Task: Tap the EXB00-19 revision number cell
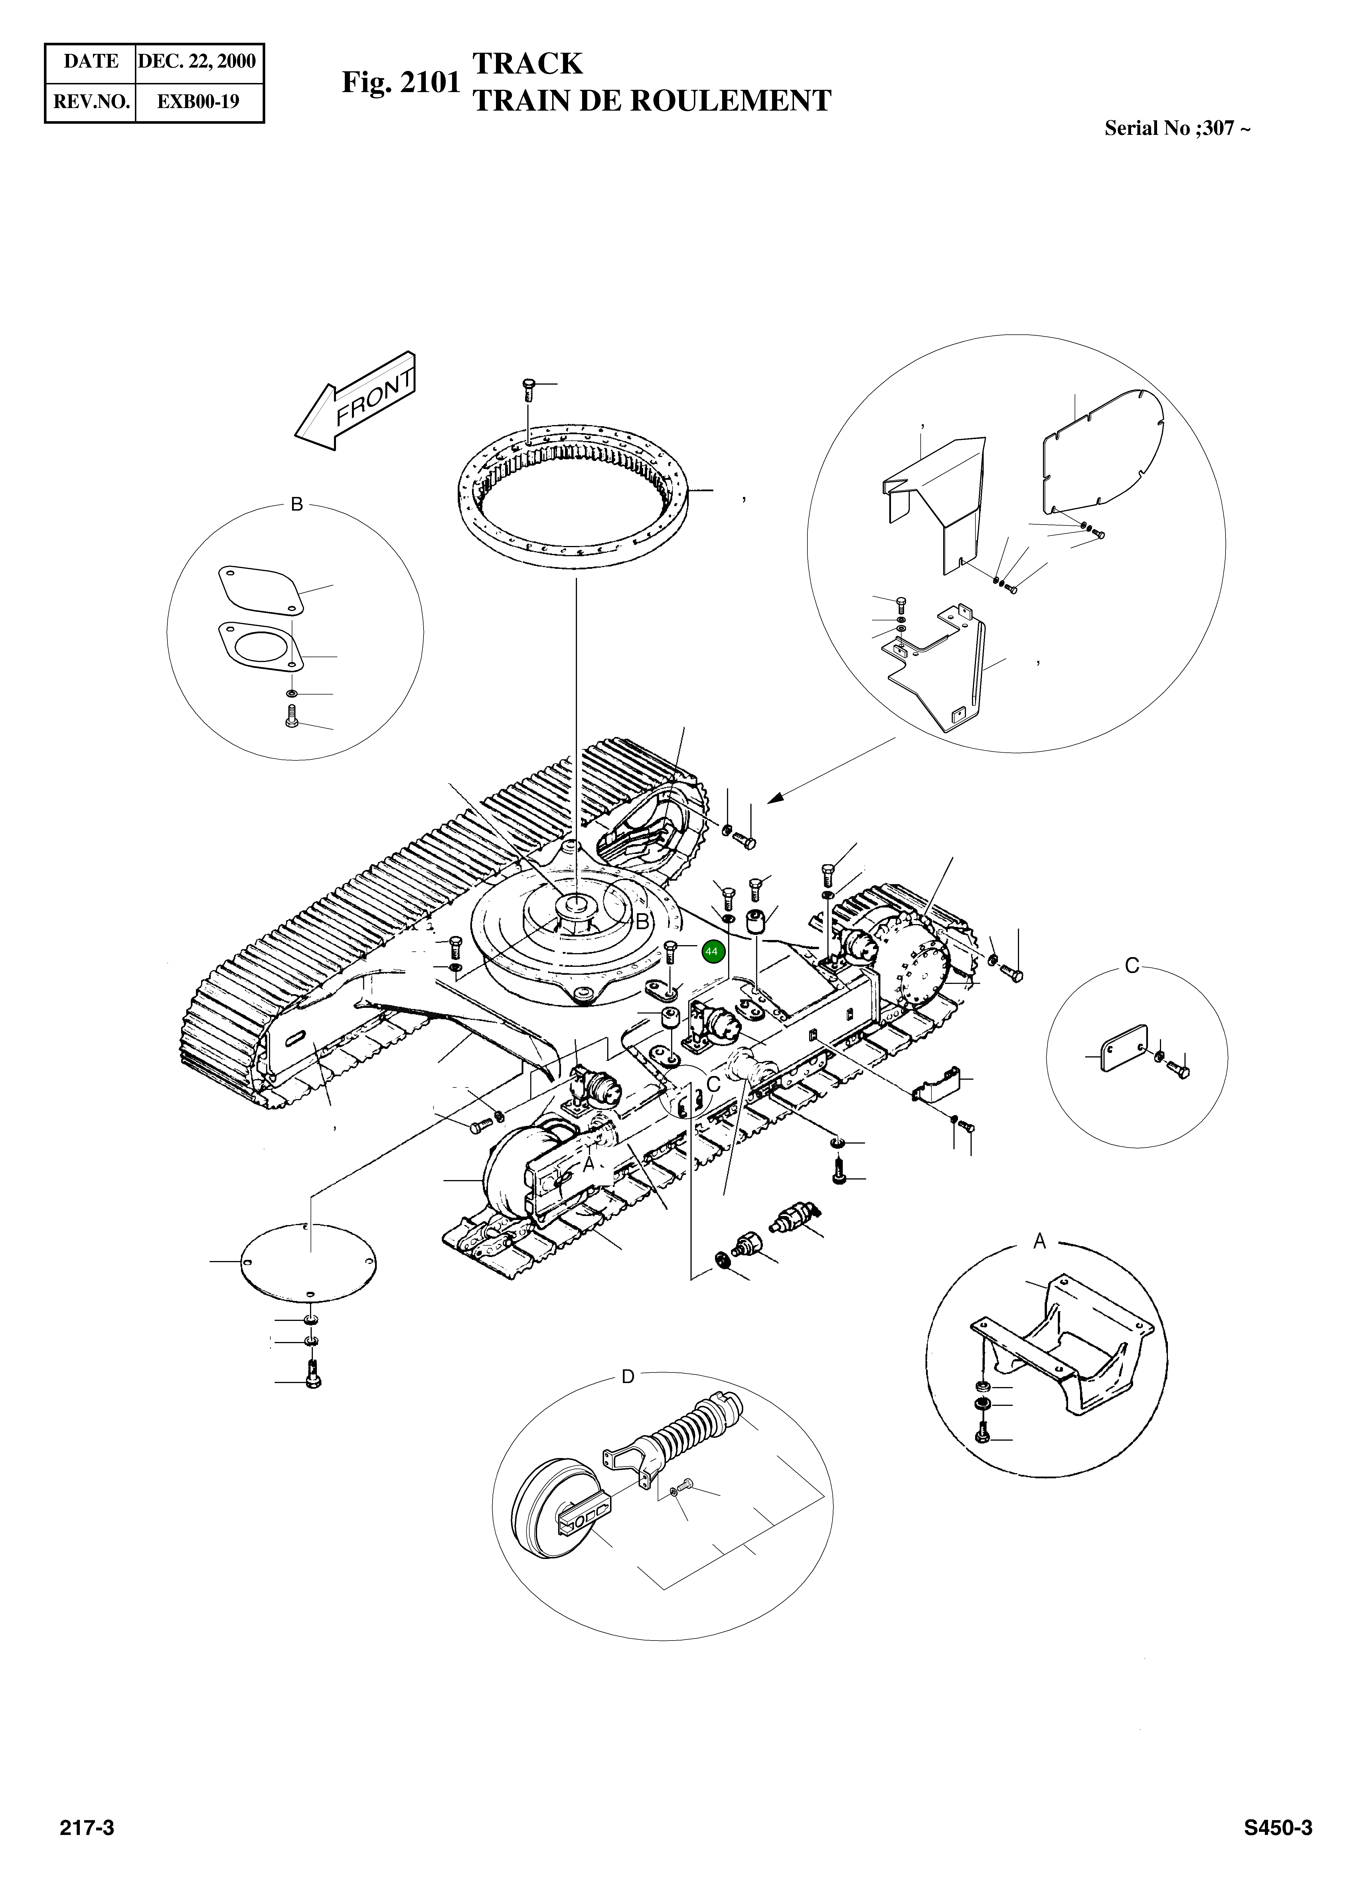pyautogui.click(x=199, y=102)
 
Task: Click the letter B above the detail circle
pyautogui.click(x=297, y=504)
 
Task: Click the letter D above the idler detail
pyautogui.click(x=628, y=1376)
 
